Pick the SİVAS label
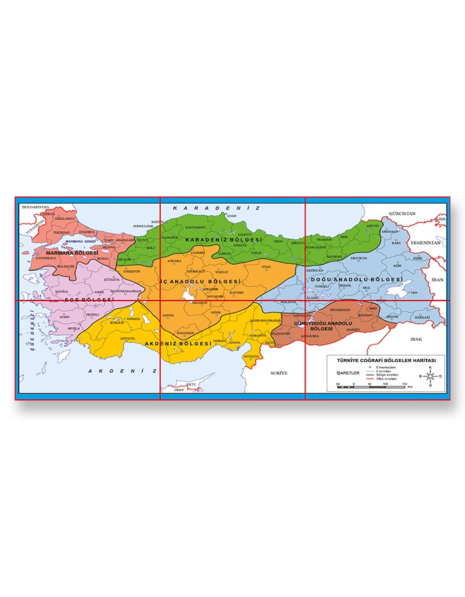(266, 267)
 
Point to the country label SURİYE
(278, 373)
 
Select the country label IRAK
(417, 339)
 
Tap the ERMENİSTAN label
(426, 243)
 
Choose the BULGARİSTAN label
(36, 208)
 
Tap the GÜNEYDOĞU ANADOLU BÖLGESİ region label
(321, 325)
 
